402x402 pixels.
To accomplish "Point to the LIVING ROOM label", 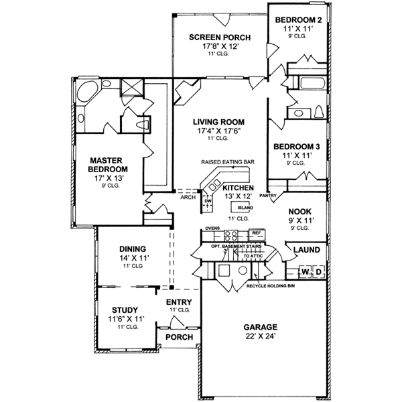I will tap(218, 122).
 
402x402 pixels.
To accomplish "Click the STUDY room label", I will tap(125, 310).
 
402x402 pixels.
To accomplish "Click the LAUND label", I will tap(307, 250).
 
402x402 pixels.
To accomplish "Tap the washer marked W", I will tap(306, 271).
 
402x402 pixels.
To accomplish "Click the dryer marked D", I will tap(319, 271).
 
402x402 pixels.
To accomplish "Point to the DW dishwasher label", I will tap(208, 200).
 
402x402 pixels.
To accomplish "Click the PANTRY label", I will tap(268, 196).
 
